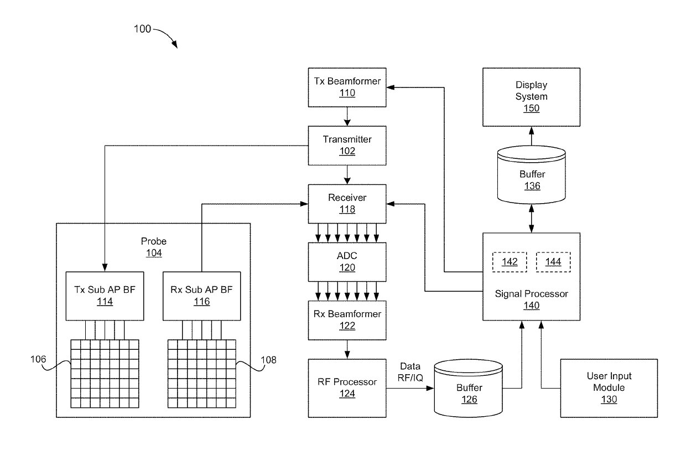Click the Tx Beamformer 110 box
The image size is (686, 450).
pyautogui.click(x=347, y=87)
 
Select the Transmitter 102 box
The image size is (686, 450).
pyautogui.click(x=347, y=146)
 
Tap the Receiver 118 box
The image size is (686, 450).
pyautogui.click(x=347, y=204)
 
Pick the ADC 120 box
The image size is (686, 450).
pyautogui.click(x=347, y=262)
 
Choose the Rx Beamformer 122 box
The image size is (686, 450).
pyautogui.click(x=347, y=320)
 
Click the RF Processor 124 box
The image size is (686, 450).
pyautogui.click(x=347, y=388)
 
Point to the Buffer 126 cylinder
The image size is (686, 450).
pyautogui.click(x=468, y=389)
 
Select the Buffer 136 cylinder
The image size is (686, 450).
pyautogui.click(x=531, y=174)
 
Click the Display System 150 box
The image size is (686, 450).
pyautogui.click(x=531, y=97)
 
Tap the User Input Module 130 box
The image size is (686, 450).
pyautogui.click(x=609, y=388)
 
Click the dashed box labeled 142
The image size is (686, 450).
pyautogui.click(x=510, y=262)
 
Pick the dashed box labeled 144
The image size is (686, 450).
pyautogui.click(x=553, y=262)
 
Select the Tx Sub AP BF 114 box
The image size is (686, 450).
pyautogui.click(x=105, y=296)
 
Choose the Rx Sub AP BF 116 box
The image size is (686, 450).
pyautogui.click(x=201, y=296)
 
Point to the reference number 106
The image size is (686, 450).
pyautogui.click(x=38, y=359)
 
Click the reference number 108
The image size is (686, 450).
pyautogui.click(x=268, y=360)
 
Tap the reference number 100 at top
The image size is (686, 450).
pyautogui.click(x=142, y=29)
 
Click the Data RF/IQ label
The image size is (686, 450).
pyautogui.click(x=410, y=372)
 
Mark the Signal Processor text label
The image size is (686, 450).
pyautogui.click(x=531, y=294)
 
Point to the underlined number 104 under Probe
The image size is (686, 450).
pyautogui.click(x=154, y=253)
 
